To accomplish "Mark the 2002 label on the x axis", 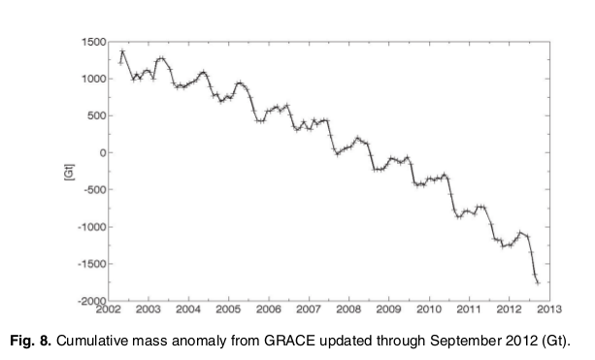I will (109, 310).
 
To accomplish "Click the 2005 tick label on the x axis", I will (228, 310).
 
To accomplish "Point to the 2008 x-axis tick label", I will (348, 310).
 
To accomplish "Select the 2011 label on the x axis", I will (468, 310).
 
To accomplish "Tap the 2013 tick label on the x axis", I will (547, 310).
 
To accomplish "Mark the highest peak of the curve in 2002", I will (123, 50).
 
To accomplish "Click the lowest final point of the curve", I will (538, 282).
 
